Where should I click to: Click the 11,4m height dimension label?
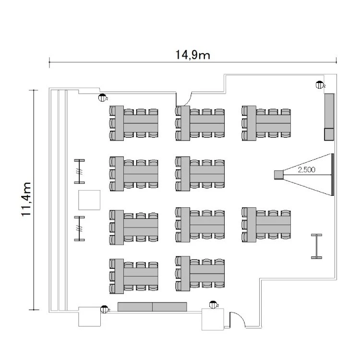point(28,199)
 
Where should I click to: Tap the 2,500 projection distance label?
point(307,169)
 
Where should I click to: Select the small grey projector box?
point(278,174)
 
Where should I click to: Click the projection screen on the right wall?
point(332,174)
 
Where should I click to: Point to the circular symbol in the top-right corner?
point(319,85)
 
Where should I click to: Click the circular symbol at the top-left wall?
point(102,98)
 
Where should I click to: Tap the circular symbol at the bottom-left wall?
point(104,309)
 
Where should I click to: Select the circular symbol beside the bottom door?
point(213,304)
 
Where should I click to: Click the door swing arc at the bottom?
point(237,319)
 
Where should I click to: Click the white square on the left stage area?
point(89,200)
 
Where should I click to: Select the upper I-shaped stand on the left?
point(80,171)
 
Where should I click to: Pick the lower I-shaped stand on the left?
point(80,228)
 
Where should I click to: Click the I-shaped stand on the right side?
point(317,246)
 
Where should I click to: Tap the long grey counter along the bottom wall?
point(152,307)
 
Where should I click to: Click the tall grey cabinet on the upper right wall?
point(329,111)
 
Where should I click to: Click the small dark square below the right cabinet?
point(329,134)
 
